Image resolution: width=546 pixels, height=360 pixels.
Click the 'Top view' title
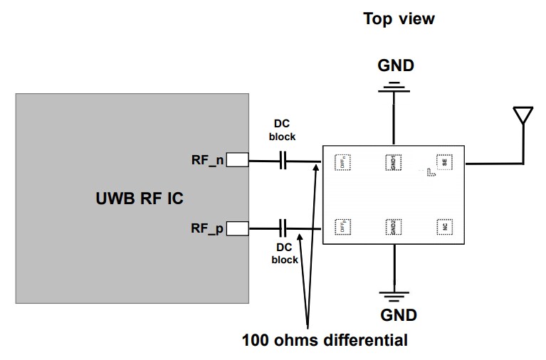click(x=399, y=18)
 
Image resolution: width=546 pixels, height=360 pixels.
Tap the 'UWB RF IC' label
click(x=140, y=198)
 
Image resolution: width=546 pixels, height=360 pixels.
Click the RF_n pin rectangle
click(x=238, y=161)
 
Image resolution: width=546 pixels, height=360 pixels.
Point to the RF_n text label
click(x=207, y=161)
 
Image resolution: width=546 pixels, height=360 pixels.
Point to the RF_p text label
click(x=207, y=228)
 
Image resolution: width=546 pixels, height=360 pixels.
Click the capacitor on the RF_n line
click(x=284, y=162)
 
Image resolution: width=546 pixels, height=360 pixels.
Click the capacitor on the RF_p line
click(x=284, y=228)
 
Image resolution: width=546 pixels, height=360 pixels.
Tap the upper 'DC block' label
click(x=283, y=130)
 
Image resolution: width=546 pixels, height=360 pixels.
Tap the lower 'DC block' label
click(x=285, y=254)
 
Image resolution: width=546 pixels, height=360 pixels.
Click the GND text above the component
click(x=395, y=66)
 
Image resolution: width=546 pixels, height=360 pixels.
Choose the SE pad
click(x=444, y=162)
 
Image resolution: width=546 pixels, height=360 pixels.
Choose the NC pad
click(x=444, y=227)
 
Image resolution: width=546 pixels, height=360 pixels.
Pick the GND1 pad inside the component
click(x=392, y=162)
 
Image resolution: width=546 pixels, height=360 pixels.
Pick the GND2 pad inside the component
click(x=392, y=226)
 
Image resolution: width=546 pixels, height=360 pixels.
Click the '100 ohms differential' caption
click(x=325, y=340)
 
